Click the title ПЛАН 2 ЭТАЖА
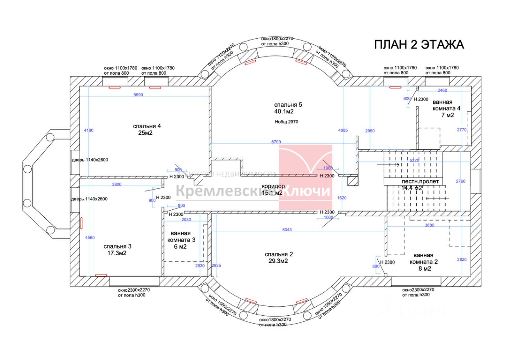point(419,45)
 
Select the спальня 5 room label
point(288,108)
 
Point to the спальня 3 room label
point(117,250)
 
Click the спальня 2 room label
point(279,258)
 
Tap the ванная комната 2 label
point(423,262)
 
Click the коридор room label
point(273,189)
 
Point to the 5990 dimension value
point(138,95)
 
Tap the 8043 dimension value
point(287,230)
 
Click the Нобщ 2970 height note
point(286,122)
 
